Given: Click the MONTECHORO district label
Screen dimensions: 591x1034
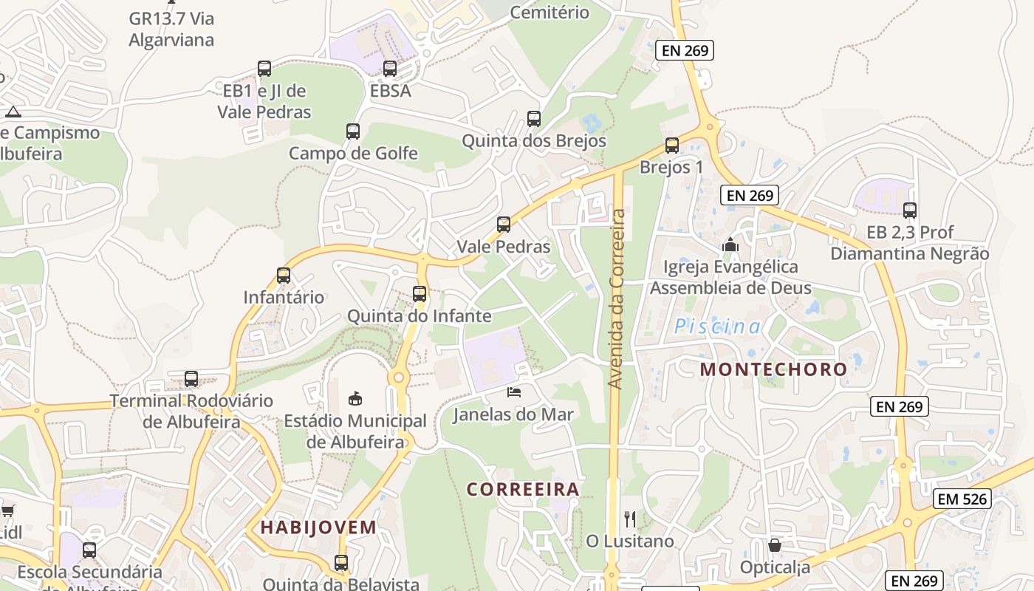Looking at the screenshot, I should [773, 369].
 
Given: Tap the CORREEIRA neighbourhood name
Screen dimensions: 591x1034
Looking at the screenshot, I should [523, 489].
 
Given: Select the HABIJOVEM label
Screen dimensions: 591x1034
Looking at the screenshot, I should [318, 527].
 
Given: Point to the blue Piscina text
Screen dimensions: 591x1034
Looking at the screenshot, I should [717, 326].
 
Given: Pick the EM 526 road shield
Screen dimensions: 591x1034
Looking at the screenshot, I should [962, 499].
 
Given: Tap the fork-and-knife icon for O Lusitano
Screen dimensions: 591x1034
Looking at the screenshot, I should [630, 519].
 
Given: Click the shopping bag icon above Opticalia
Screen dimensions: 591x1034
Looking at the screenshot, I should [775, 545].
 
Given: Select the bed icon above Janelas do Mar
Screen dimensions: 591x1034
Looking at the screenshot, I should [513, 391].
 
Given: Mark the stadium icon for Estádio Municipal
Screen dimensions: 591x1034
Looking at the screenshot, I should [355, 398].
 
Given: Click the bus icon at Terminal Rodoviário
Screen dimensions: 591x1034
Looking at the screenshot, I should [191, 379].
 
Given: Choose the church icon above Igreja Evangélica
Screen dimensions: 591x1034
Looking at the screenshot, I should [730, 245].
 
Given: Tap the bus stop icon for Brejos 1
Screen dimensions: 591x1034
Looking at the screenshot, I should [671, 146].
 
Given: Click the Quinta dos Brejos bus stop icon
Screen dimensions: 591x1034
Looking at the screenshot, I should [534, 118].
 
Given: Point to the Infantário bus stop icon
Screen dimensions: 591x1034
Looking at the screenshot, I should [284, 276].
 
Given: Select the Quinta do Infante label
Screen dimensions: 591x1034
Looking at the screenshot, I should [419, 316].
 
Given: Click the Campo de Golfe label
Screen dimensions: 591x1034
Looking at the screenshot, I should [353, 154].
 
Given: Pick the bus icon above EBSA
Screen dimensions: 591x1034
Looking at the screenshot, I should [390, 69].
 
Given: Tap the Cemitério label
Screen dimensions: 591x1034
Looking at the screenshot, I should [549, 12].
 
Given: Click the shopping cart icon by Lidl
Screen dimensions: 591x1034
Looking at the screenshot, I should [7, 510].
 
